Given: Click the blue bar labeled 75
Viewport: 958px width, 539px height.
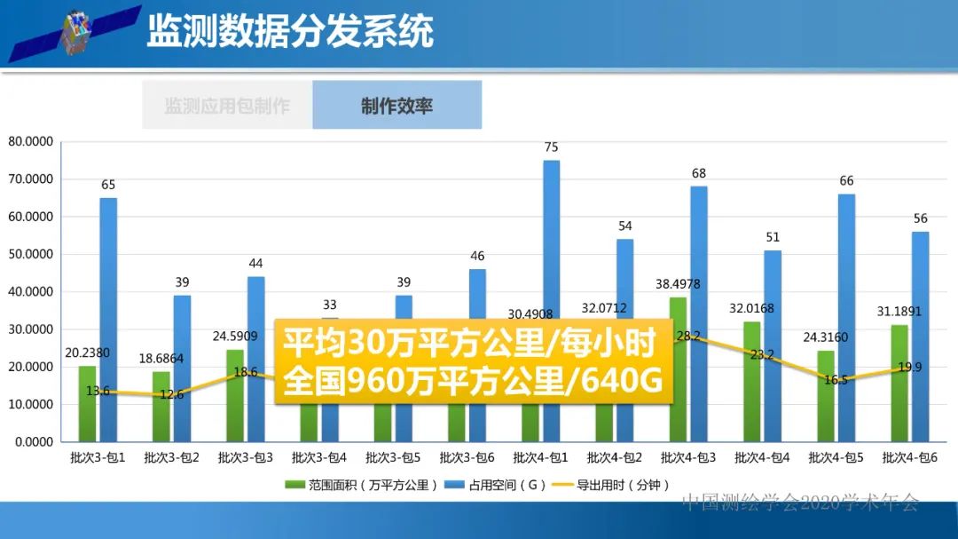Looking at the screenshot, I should coord(551,240).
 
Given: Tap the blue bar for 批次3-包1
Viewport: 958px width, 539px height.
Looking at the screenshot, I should coord(108,319).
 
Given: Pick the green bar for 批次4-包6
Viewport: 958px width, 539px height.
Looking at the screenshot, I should coord(899,383).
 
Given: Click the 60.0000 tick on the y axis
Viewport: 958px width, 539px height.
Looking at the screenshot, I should coord(31,217).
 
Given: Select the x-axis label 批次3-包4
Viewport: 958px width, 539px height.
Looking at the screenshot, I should coord(319,458).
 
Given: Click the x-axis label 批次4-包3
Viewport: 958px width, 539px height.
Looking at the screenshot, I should coord(688,458).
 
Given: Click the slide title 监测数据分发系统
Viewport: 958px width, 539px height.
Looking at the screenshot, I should coord(289,31).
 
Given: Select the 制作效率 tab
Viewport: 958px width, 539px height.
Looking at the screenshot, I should coord(397,106).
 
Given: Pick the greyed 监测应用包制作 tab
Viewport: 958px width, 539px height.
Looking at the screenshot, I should coord(227,106).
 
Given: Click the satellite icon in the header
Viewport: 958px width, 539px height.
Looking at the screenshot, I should coord(75,34).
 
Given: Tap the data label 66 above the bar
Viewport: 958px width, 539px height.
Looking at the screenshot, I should coord(846,181).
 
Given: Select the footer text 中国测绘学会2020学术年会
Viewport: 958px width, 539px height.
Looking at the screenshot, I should coord(800,503).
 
